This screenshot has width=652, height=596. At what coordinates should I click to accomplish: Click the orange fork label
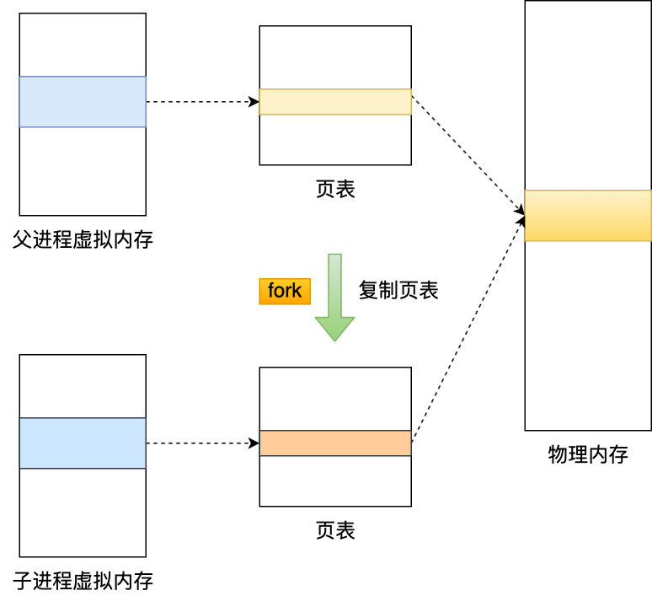point(284,291)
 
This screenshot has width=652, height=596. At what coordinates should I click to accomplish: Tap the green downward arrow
point(334,299)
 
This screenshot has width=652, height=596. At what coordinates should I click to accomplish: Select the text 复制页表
point(398,291)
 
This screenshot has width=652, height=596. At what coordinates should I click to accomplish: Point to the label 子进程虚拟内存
point(83,580)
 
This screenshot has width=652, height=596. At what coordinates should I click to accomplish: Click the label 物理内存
point(588,455)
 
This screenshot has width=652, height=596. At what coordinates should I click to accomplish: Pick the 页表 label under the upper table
point(335,189)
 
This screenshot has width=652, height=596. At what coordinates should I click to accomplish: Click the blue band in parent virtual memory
point(83,102)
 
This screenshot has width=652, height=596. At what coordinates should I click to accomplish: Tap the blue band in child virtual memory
point(83,443)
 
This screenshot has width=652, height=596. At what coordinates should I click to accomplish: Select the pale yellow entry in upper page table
point(335,102)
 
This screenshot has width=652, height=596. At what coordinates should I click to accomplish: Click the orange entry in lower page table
point(335,443)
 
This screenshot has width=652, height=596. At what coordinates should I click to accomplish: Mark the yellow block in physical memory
point(588,216)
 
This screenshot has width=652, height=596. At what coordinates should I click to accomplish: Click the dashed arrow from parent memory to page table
point(202,102)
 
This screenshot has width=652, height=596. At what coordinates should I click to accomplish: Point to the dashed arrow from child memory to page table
point(202,443)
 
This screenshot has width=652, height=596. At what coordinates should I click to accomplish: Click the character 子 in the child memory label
point(23,580)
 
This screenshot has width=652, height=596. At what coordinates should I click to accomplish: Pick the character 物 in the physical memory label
point(558,455)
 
